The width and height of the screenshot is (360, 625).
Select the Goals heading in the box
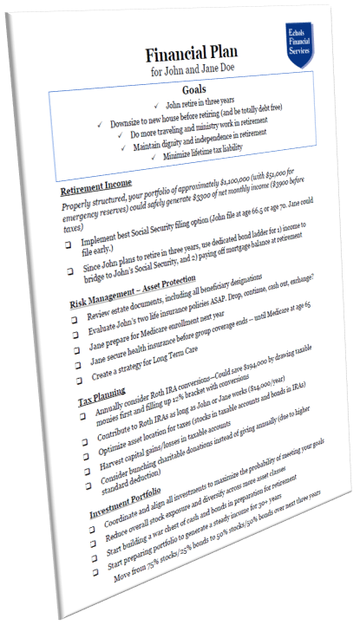pyautogui.click(x=195, y=88)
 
